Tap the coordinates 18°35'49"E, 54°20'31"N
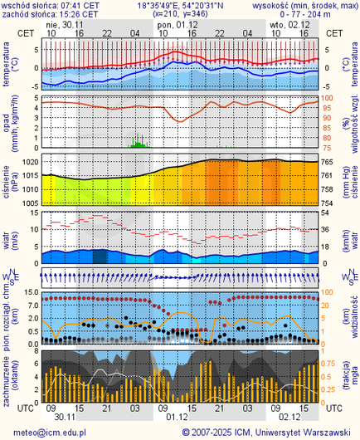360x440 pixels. (x=180, y=5)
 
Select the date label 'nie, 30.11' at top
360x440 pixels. (x=65, y=25)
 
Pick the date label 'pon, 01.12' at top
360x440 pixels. (x=176, y=25)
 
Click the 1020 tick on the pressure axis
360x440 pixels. (x=29, y=161)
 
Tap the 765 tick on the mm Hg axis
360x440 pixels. (x=327, y=161)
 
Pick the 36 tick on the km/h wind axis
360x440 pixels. (x=325, y=230)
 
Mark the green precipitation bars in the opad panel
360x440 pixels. (x=138, y=143)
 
